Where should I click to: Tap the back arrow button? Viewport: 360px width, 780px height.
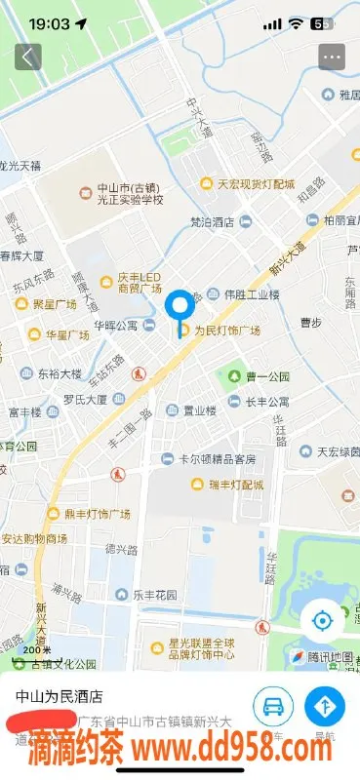point(27,57)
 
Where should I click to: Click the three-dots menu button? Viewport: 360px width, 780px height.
point(333,57)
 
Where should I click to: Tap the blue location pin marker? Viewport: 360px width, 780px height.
point(180,308)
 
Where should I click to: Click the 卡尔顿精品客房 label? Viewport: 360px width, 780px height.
point(217,459)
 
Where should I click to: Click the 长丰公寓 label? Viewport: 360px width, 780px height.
point(266,402)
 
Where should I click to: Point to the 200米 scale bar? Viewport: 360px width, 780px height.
point(36,651)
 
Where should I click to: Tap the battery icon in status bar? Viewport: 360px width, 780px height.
point(318,23)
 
